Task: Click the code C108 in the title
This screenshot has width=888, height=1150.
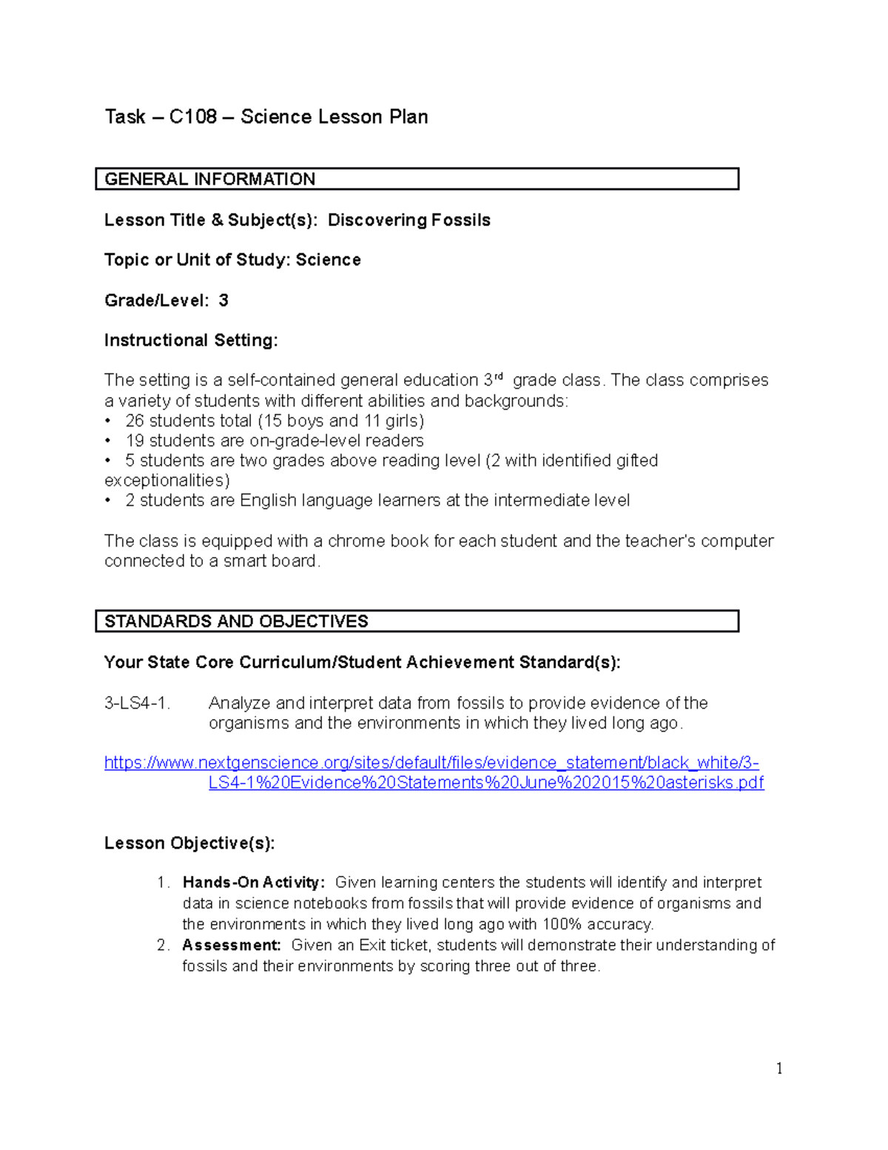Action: point(192,117)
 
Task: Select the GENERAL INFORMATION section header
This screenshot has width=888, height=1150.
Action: point(210,179)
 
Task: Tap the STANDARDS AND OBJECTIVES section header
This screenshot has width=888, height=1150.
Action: point(236,621)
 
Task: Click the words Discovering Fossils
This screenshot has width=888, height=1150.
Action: point(409,220)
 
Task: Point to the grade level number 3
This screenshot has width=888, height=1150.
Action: point(223,300)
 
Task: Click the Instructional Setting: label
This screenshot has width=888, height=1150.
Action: point(191,340)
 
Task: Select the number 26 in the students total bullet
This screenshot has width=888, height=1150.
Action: point(135,421)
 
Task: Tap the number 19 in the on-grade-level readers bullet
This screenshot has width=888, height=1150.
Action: point(135,441)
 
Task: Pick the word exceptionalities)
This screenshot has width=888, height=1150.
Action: point(167,481)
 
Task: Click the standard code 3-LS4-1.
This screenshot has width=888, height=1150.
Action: point(137,703)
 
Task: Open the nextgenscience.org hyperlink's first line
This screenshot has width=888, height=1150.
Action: point(431,763)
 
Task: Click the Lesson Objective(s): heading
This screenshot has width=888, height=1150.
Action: point(189,843)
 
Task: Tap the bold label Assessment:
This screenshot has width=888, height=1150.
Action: point(232,945)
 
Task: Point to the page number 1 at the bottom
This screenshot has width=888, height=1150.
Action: point(779,1068)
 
